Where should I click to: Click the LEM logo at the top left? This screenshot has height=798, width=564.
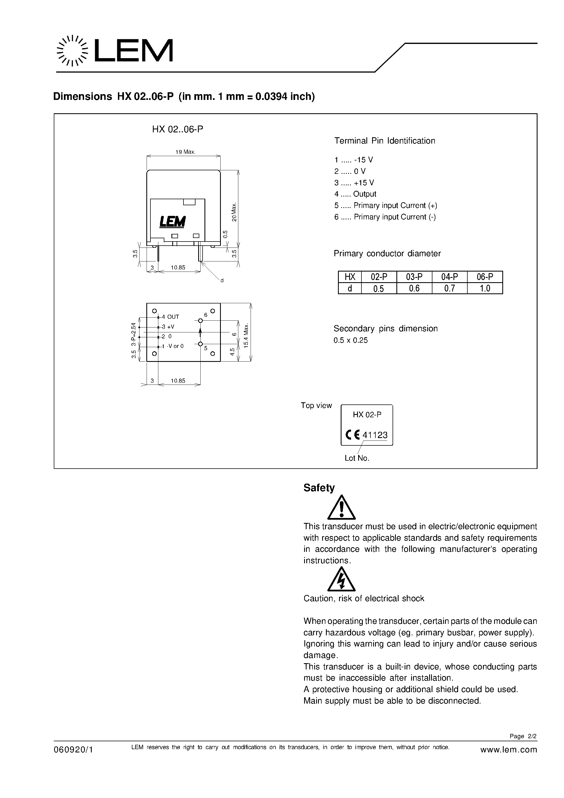pos(115,51)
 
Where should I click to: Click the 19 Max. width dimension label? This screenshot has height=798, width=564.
pos(185,152)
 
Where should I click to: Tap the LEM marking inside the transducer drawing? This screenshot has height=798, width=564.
pos(173,221)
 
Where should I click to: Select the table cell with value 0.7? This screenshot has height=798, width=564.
pos(449,288)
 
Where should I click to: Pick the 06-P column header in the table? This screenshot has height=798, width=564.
pos(485,277)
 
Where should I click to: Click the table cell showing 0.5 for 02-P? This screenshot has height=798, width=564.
pos(379,288)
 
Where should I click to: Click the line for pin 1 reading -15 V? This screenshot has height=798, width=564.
pos(354,160)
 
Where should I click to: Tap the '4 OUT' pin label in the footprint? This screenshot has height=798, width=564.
pos(170,317)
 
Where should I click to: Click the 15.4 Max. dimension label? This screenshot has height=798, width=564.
pos(246,336)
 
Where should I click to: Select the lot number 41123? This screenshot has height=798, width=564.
pos(375,435)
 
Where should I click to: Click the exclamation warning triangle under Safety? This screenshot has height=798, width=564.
pos(342,508)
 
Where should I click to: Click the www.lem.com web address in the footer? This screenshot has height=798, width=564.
pos(508,750)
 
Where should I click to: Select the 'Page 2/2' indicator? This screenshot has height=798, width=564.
pos(523,736)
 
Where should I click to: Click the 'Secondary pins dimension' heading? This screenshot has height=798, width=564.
pos(385,328)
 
